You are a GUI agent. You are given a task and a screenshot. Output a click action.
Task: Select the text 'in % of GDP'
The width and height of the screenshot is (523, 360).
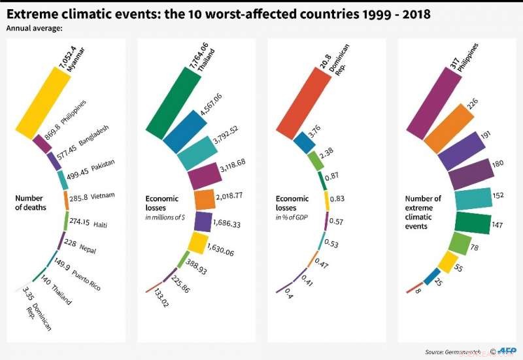292,216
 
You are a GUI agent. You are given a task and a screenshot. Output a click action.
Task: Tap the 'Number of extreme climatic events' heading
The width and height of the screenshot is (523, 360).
423,212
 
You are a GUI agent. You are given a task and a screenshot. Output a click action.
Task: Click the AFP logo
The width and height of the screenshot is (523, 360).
507,350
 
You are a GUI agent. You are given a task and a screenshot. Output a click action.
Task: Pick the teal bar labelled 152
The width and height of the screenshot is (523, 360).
473,199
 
